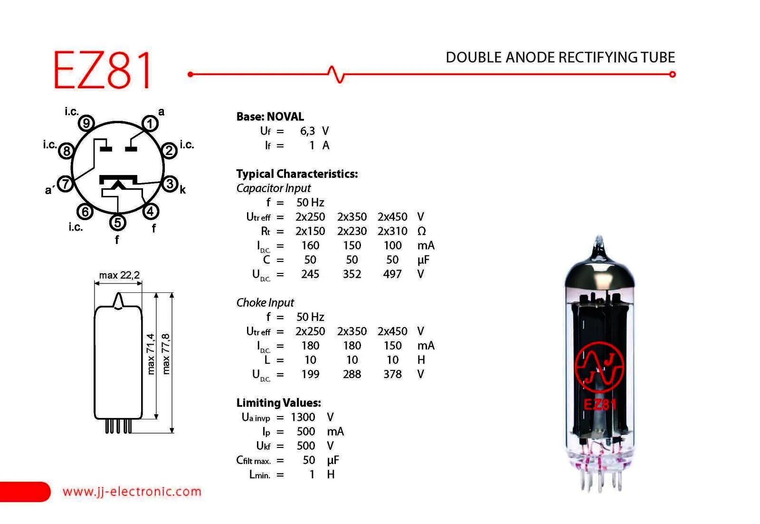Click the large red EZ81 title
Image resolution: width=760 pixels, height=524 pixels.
[102, 69]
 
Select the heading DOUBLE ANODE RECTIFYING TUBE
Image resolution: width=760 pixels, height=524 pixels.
[560, 58]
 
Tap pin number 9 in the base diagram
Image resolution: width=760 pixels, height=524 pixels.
[86, 123]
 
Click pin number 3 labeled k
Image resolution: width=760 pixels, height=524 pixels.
[170, 184]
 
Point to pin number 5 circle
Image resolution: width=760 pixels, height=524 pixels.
[117, 223]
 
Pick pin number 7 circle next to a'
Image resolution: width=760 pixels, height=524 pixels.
[66, 184]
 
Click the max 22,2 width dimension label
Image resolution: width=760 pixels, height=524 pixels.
[119, 275]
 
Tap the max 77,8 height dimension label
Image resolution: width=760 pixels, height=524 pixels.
[166, 354]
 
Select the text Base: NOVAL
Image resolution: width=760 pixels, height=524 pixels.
[270, 116]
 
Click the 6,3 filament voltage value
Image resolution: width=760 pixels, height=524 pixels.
[307, 131]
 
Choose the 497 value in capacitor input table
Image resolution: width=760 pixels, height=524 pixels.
[392, 274]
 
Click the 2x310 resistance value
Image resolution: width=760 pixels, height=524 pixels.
[392, 231]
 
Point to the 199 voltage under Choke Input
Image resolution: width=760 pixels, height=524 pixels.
[310, 374]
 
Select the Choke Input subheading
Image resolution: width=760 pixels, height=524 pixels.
[265, 302]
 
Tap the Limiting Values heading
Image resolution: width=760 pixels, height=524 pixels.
[278, 403]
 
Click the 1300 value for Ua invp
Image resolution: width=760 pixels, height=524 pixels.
[303, 417]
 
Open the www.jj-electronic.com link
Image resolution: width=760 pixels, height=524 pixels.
[132, 491]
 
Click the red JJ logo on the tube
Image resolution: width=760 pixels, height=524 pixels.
[599, 367]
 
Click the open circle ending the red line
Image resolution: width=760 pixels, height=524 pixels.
[672, 74]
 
